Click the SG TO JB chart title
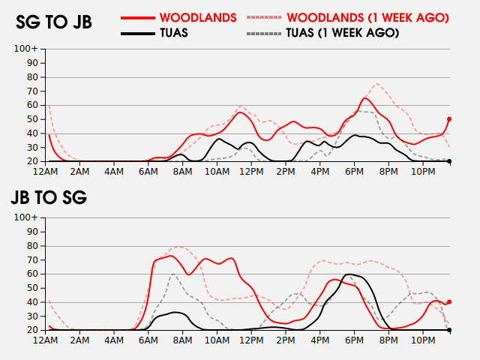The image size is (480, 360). pyautogui.click(x=54, y=22)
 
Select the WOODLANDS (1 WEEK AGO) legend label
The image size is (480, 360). pyautogui.click(x=367, y=17)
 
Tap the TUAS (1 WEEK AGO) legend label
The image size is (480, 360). pyautogui.click(x=342, y=33)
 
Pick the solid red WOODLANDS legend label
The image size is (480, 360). pyautogui.click(x=198, y=17)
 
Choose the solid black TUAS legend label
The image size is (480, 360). pyautogui.click(x=174, y=33)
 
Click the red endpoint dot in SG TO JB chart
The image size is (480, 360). pyautogui.click(x=449, y=118)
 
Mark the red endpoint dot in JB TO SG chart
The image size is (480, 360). pyautogui.click(x=449, y=301)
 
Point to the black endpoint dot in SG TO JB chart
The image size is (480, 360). pyautogui.click(x=449, y=161)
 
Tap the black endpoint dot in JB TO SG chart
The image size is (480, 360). pyautogui.click(x=449, y=330)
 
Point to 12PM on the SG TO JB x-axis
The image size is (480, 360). pyautogui.click(x=251, y=171)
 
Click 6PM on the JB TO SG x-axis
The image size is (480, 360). pyautogui.click(x=354, y=340)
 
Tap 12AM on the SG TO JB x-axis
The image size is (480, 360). pyautogui.click(x=46, y=171)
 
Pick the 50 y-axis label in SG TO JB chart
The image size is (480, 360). pyautogui.click(x=33, y=119)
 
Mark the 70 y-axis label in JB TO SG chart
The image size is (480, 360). pyautogui.click(x=33, y=259)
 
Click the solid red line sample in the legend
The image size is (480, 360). pyautogui.click(x=138, y=17)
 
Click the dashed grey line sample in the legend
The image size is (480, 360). pyautogui.click(x=264, y=33)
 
